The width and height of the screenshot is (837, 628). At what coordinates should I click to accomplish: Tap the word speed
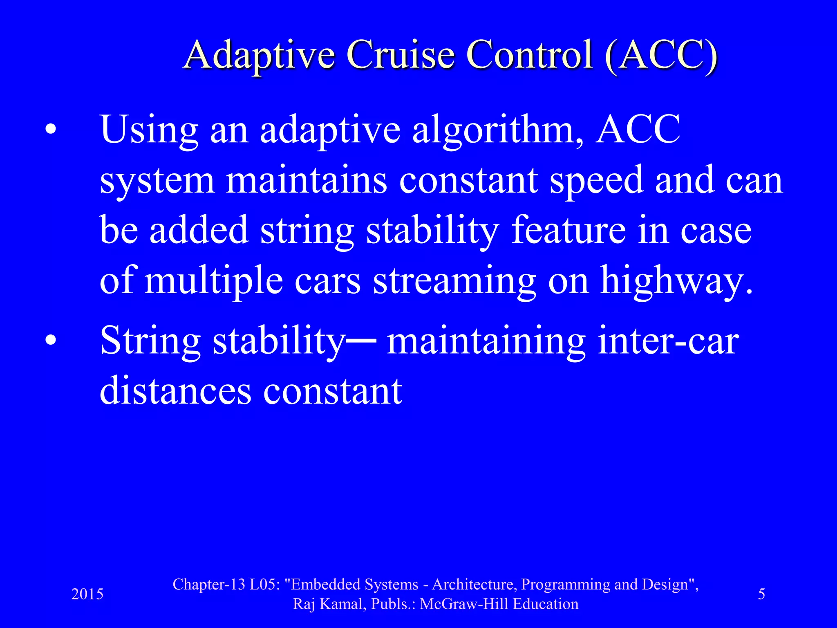point(596,181)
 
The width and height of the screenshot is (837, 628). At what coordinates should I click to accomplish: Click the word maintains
point(306,181)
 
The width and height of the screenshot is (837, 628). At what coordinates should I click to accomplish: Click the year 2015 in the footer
point(87,594)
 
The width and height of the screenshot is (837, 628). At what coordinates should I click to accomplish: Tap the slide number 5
point(761,594)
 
